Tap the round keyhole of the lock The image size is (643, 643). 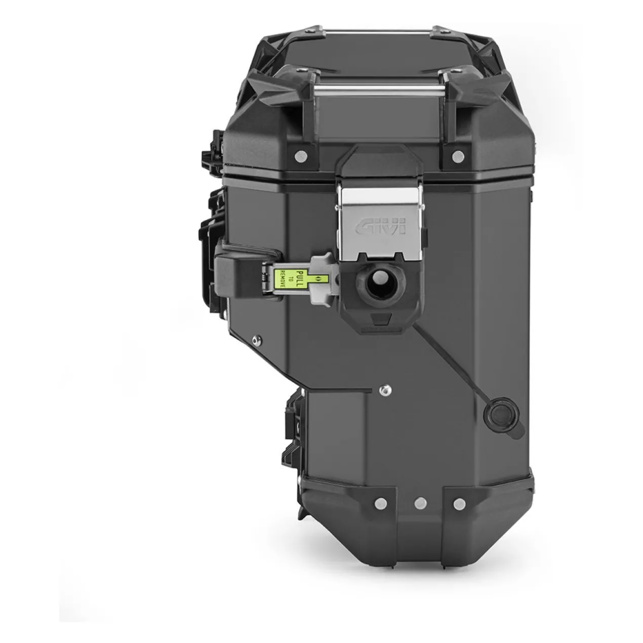(382, 284)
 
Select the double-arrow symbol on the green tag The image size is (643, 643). (318, 278)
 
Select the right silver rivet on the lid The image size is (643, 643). (458, 155)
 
